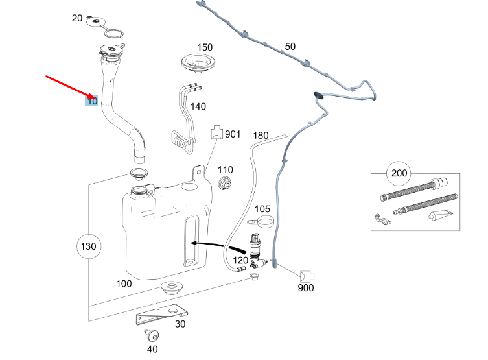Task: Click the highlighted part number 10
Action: pos(92,101)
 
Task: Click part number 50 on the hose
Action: pos(290,47)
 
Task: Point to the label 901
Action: pos(232,134)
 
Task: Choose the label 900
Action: pos(306,287)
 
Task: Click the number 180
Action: pos(260,135)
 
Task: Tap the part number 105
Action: pos(262,209)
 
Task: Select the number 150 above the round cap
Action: pos(204,47)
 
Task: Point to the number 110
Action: pos(225,170)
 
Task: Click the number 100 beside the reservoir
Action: pos(124,283)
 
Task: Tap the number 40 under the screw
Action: pos(152,349)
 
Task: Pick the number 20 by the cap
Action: pos(77,18)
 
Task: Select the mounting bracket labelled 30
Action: pos(159,315)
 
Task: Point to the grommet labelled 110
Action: pos(226,184)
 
